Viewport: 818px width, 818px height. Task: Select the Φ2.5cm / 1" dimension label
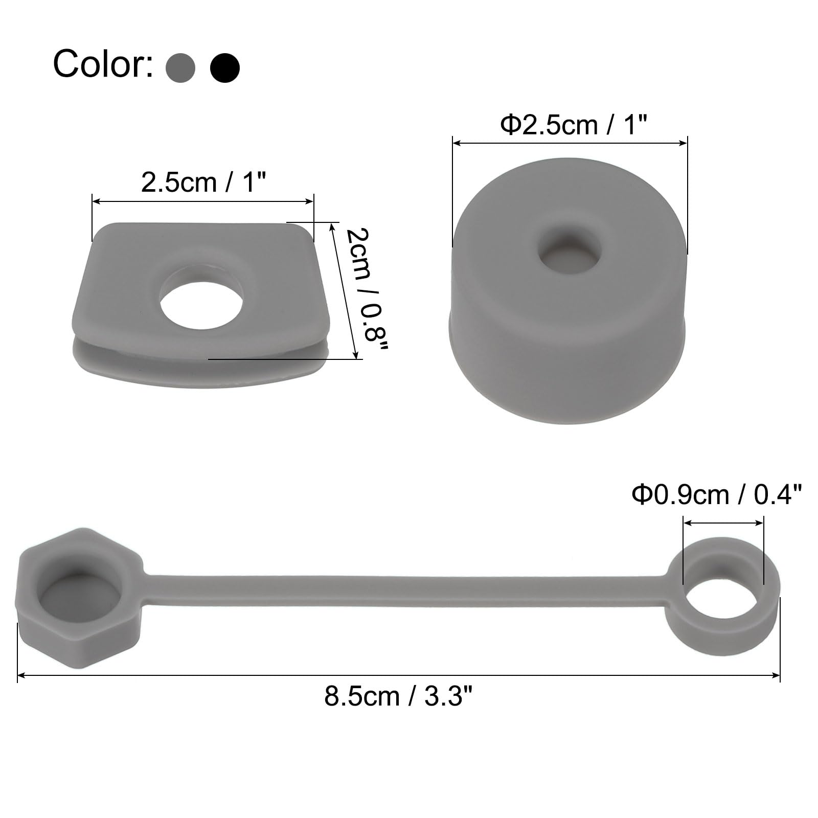(573, 125)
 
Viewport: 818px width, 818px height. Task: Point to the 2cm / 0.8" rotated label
(367, 289)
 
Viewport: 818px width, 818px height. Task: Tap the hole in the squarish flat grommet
(201, 296)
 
